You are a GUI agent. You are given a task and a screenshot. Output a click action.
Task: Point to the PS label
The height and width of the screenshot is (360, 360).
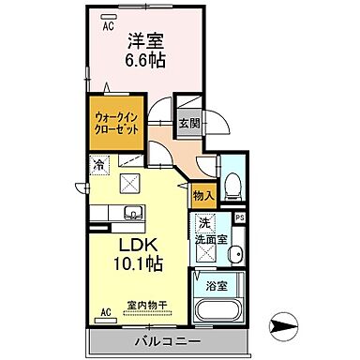[x=239, y=219]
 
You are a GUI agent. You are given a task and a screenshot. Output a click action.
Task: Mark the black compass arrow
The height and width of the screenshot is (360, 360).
[x=283, y=326]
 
